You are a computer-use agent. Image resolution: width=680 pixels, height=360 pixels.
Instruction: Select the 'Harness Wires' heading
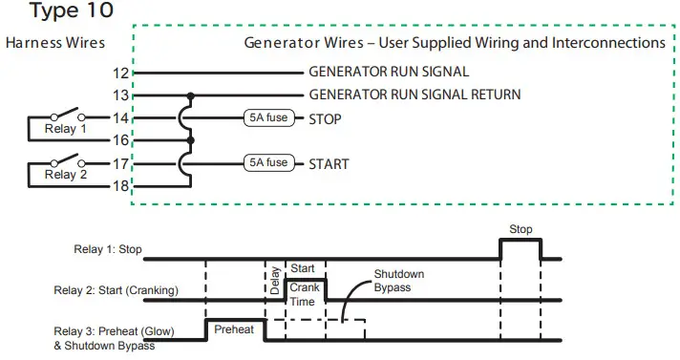(54, 43)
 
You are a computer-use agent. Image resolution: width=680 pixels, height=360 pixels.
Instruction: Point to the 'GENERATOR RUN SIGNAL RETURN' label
(414, 95)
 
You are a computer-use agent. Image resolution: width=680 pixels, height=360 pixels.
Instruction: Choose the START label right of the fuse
(329, 163)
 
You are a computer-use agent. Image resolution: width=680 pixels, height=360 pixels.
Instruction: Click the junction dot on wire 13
(191, 95)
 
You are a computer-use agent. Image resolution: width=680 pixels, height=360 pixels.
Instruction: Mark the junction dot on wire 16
(191, 140)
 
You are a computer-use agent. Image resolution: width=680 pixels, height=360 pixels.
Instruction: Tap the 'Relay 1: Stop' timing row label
(107, 250)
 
